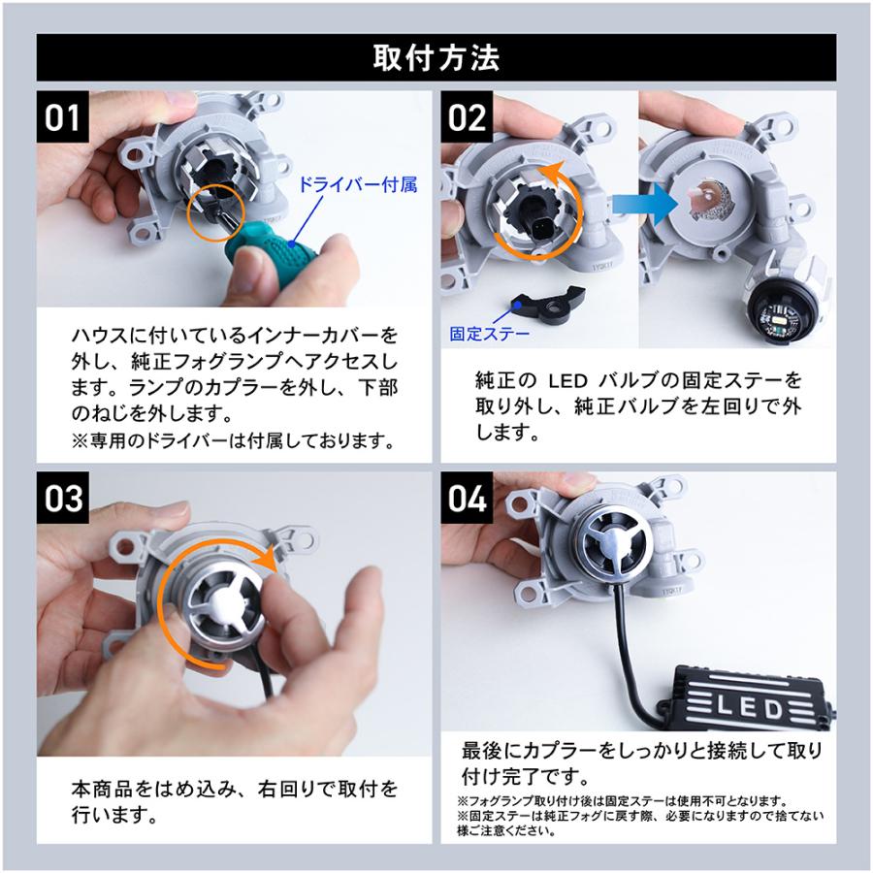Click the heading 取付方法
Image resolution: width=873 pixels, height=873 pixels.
point(436,58)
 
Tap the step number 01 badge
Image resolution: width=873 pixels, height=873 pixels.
point(63,117)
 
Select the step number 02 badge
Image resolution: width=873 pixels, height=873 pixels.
point(467,117)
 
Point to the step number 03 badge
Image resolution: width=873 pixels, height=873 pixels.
point(63,498)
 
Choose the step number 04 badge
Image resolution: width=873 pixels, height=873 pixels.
point(467,498)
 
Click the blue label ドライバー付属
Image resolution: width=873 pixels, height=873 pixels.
point(358,184)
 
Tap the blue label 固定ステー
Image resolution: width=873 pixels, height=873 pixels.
point(490,334)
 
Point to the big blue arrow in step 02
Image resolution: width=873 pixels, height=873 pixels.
point(644,205)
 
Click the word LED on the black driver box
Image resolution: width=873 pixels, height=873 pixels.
point(749,708)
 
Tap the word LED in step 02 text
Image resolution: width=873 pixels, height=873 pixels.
point(567,381)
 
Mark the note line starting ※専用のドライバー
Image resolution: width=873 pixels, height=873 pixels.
point(234,441)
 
